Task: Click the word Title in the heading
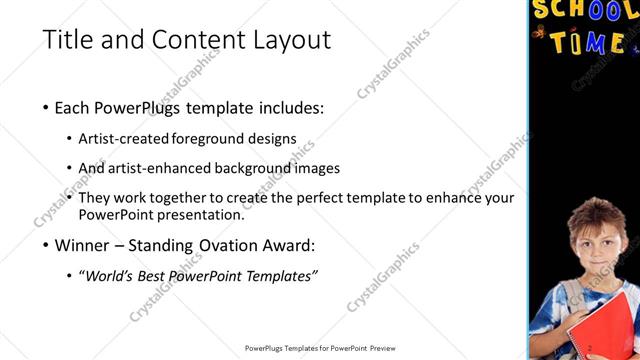[65, 40]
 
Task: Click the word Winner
[83, 245]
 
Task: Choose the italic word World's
[111, 275]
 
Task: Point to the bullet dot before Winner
[46, 246]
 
